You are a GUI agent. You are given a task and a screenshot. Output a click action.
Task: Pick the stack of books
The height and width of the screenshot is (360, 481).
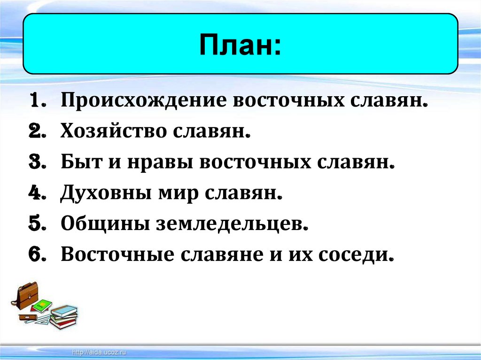63,316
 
